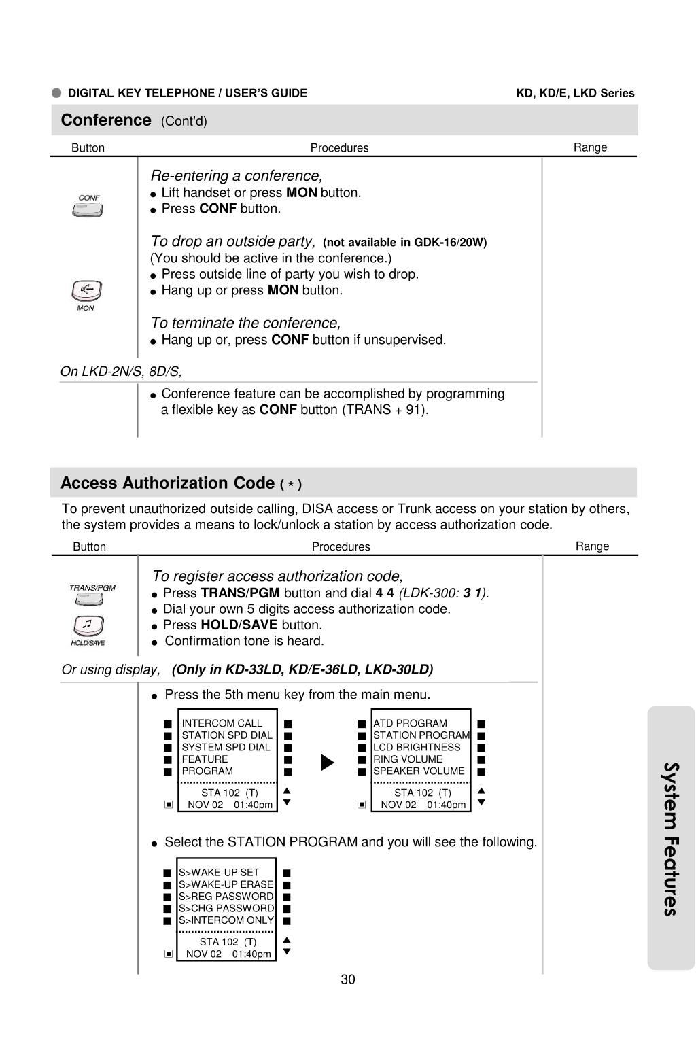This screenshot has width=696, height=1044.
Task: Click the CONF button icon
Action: click(x=88, y=210)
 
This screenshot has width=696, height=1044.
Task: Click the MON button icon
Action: click(x=86, y=291)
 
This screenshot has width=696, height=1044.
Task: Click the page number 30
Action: click(x=348, y=979)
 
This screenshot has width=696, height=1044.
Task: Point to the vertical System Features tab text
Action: click(x=670, y=839)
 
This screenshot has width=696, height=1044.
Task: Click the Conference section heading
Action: click(x=106, y=120)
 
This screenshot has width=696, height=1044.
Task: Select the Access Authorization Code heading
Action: click(x=167, y=483)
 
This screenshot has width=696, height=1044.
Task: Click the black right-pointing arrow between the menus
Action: click(x=328, y=763)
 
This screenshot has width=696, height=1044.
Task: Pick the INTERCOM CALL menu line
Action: click(x=222, y=723)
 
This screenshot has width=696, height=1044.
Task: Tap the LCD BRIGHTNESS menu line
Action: click(x=417, y=747)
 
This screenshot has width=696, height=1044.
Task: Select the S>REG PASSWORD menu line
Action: click(x=226, y=897)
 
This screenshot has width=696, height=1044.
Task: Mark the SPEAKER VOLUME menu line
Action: click(x=419, y=771)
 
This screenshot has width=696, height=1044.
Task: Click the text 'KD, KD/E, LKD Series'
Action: click(x=575, y=93)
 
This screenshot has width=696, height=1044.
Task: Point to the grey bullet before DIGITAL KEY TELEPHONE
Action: click(x=56, y=93)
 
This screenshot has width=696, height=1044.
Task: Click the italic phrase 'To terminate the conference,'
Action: click(x=245, y=323)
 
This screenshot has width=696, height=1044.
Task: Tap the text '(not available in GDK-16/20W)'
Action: click(x=404, y=243)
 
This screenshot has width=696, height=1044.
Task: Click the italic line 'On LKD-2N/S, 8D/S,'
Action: click(x=121, y=371)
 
